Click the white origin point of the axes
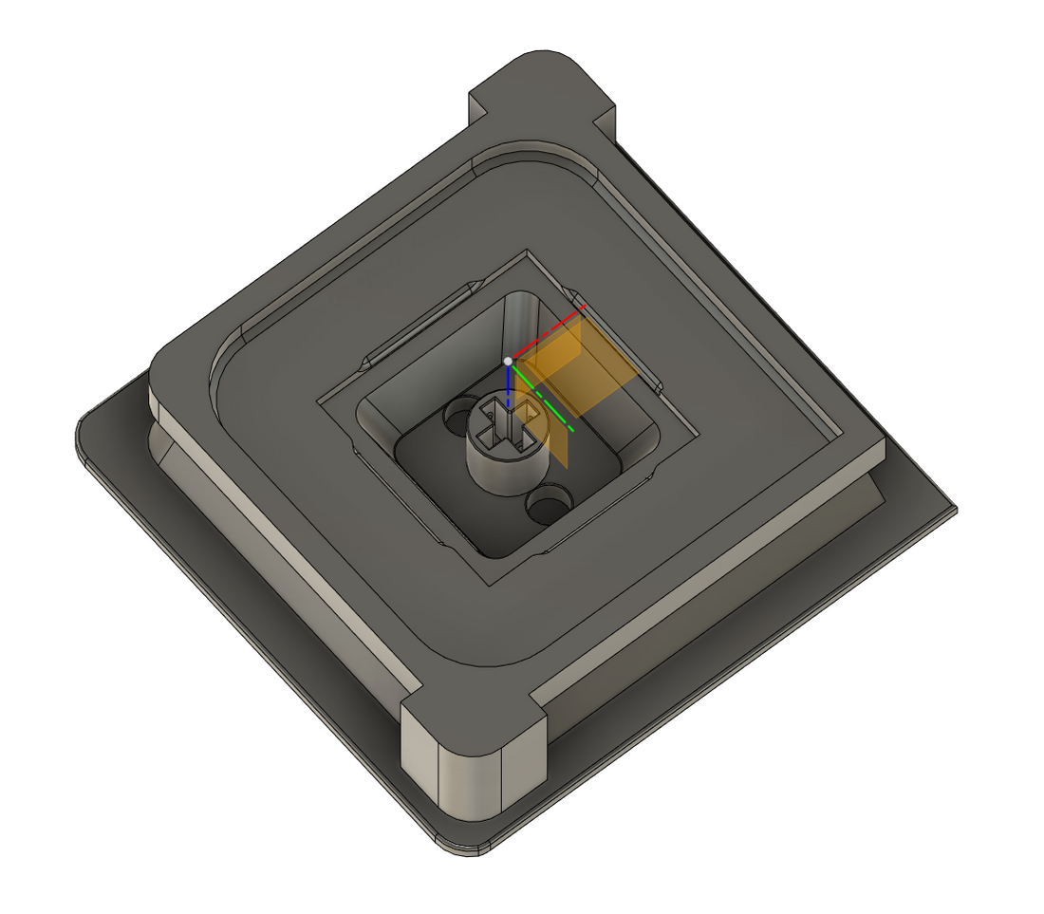pyautogui.click(x=509, y=361)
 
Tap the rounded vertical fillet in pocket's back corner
pyautogui.click(x=518, y=318)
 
